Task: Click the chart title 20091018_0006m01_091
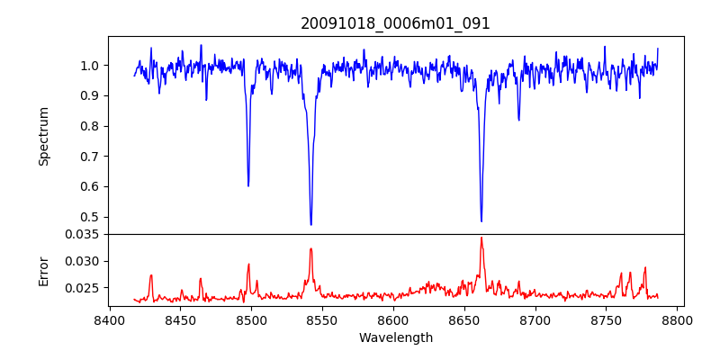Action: click(395, 23)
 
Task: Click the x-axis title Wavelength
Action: click(395, 337)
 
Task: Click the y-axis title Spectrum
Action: click(43, 136)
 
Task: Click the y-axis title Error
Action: click(43, 270)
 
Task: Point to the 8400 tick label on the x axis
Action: click(109, 319)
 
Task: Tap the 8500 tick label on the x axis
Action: click(251, 319)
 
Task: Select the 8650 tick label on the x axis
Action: click(464, 319)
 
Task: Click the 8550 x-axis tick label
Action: click(322, 319)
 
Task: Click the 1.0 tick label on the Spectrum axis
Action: click(90, 66)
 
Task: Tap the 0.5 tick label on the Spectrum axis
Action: click(90, 217)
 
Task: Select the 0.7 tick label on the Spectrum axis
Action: click(90, 157)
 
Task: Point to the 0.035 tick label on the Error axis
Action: click(84, 234)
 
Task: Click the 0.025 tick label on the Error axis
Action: click(84, 288)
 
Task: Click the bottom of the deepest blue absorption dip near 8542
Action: click(310, 224)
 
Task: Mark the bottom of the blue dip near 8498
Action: click(248, 185)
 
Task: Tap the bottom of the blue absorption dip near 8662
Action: click(481, 220)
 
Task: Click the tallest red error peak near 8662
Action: click(481, 238)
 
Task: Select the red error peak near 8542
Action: click(310, 248)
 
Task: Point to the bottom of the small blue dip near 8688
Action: click(518, 120)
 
